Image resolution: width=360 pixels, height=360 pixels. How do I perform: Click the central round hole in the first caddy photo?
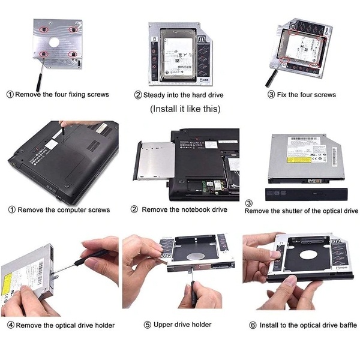(54, 43)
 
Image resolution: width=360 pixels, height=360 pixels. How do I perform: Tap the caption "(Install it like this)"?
(185, 109)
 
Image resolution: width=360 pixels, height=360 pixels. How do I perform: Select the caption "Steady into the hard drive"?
(183, 95)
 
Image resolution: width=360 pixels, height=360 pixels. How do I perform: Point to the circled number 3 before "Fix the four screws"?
(271, 94)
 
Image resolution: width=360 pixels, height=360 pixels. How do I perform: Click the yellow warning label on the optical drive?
(299, 159)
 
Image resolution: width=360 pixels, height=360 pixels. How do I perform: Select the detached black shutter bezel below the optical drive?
(306, 194)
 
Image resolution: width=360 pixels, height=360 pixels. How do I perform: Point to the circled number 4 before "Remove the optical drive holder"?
(11, 325)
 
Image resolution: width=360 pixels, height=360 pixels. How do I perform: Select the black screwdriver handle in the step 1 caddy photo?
(39, 82)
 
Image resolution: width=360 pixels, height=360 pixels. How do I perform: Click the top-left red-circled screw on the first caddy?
(43, 29)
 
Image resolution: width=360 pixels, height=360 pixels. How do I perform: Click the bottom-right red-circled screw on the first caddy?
(73, 54)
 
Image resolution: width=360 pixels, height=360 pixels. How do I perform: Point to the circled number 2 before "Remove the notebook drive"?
(134, 209)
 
